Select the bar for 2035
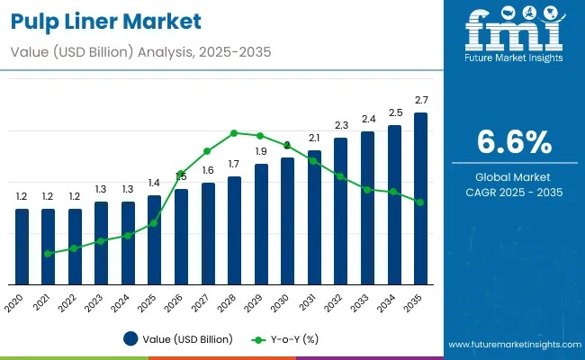click(419, 198)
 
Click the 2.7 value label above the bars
click(420, 99)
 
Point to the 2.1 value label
click(314, 138)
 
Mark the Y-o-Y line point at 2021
click(49, 254)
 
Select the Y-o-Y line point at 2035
click(419, 202)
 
